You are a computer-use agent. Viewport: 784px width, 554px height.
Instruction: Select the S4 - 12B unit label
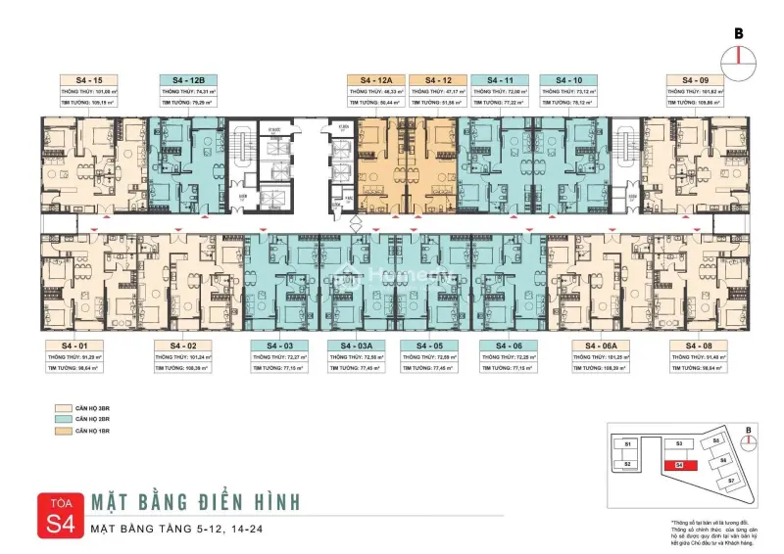[187, 79]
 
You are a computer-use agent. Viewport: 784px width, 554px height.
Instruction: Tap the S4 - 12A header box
[375, 79]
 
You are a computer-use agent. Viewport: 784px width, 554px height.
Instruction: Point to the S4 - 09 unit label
[694, 79]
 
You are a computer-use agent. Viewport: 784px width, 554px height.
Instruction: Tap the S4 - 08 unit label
[695, 346]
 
